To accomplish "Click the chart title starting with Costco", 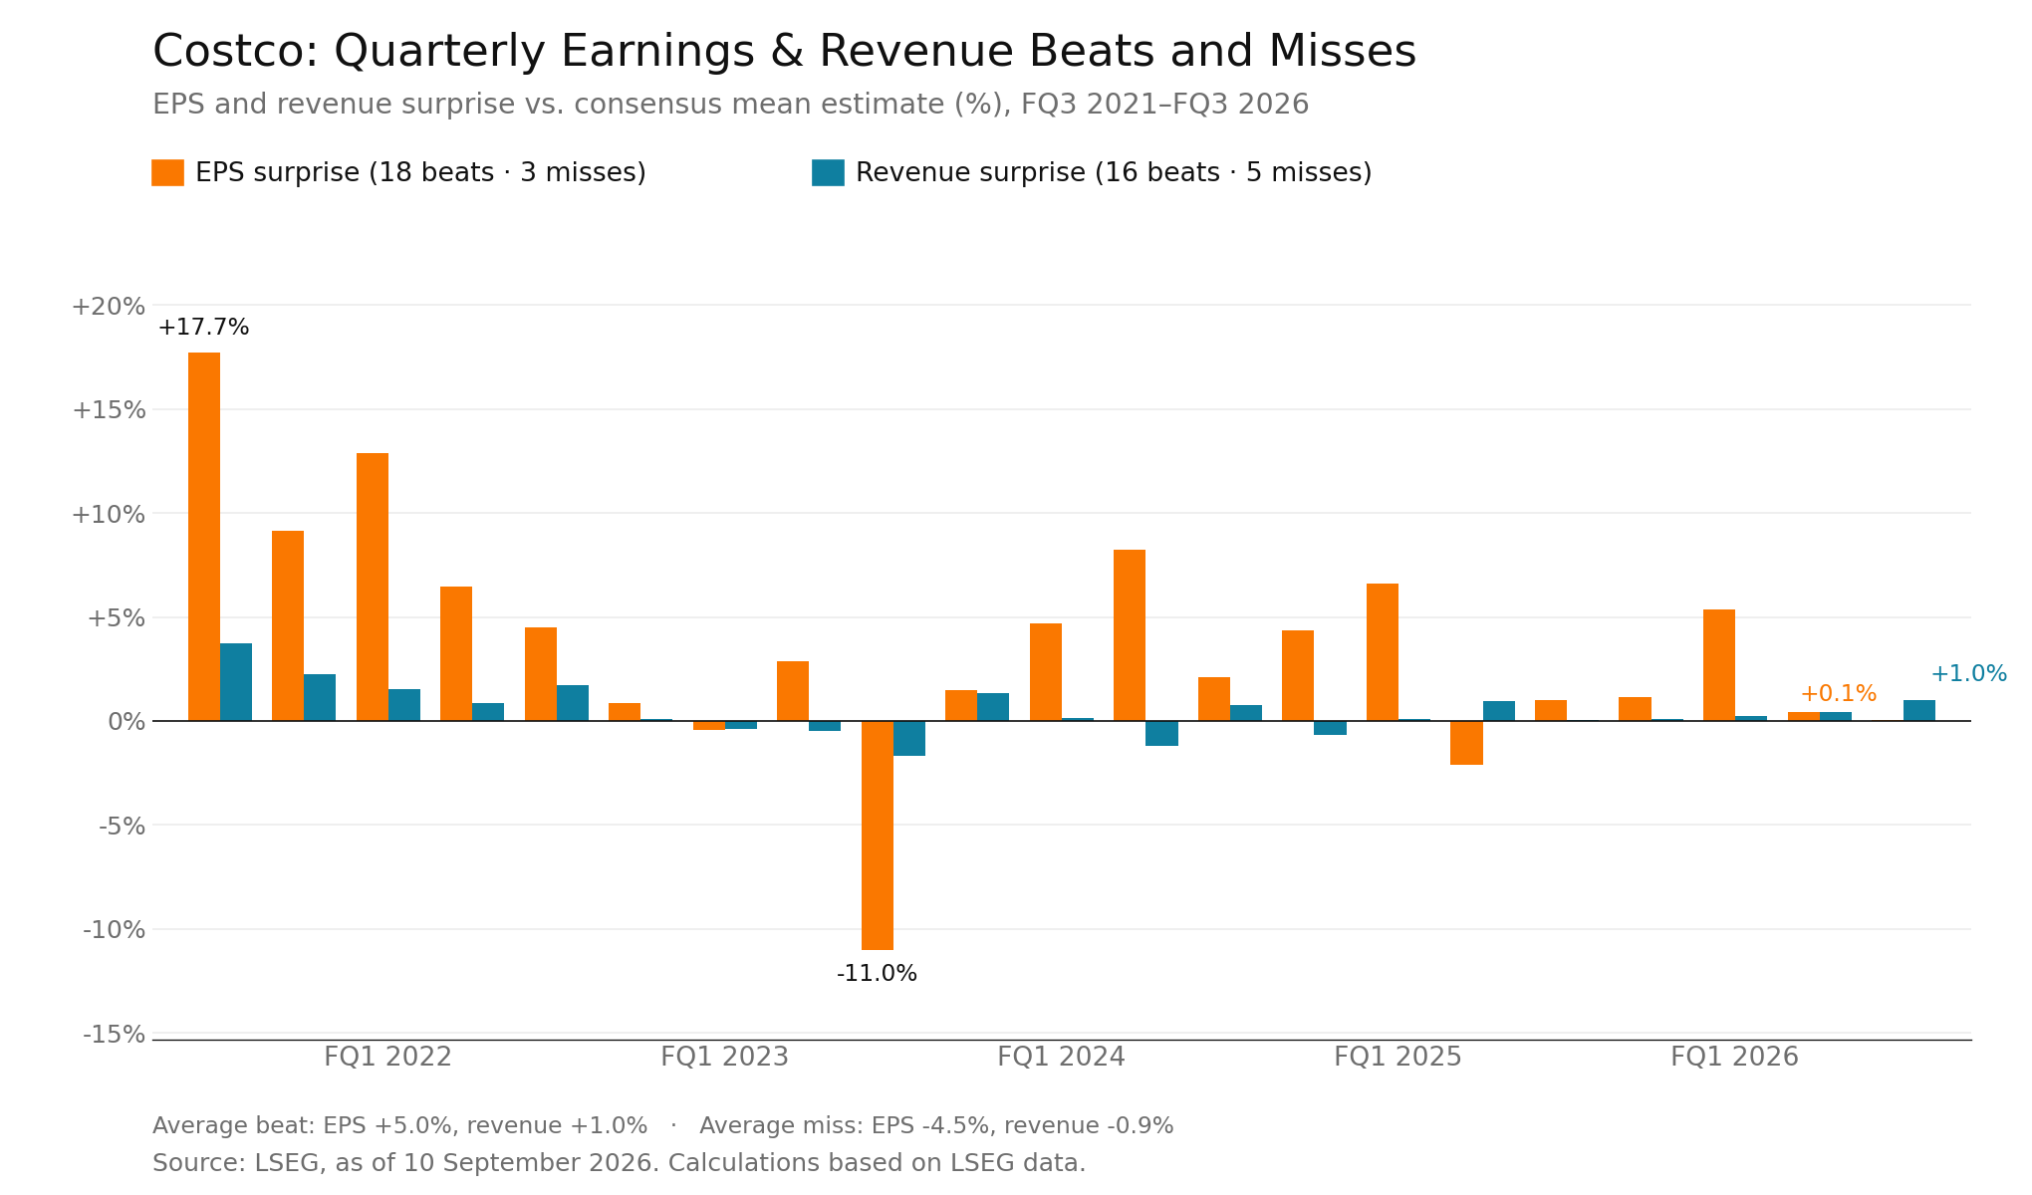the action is [x=784, y=52].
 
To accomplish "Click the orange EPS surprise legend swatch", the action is [x=167, y=172].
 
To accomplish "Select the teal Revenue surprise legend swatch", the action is [x=828, y=172].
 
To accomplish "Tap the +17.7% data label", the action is [x=203, y=328].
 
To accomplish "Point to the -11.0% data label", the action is [x=877, y=974].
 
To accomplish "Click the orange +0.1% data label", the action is [x=1838, y=694].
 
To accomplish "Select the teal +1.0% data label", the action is [x=1968, y=674].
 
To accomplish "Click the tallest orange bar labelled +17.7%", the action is [x=204, y=537].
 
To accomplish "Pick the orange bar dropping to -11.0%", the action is [x=878, y=836].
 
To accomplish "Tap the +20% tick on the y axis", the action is [x=108, y=307].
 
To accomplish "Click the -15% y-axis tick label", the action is [x=114, y=1035].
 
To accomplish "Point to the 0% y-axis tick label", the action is [x=127, y=722].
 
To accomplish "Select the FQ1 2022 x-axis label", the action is [x=387, y=1058].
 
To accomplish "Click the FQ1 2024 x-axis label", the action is [x=1061, y=1058].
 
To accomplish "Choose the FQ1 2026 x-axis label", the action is [x=1734, y=1058].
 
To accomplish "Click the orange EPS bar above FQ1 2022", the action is [x=373, y=588].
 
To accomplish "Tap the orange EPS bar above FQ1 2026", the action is [x=1719, y=665].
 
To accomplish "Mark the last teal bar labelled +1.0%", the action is [x=1919, y=711].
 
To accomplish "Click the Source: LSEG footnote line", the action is [x=619, y=1163].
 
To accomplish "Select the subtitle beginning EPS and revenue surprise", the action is [x=730, y=105].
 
